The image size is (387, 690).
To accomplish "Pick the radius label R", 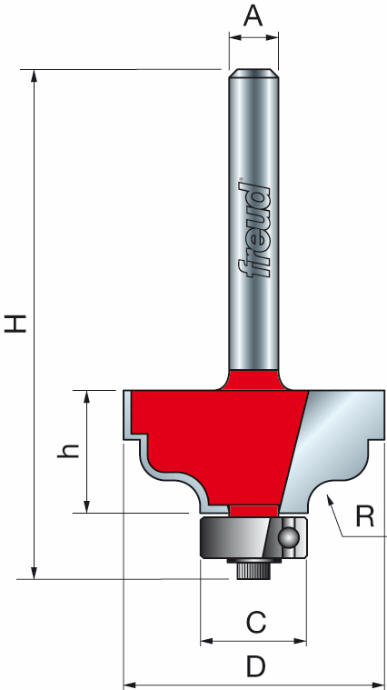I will [x=364, y=517].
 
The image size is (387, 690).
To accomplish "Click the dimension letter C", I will [x=255, y=623].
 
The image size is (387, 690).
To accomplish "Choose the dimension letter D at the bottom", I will [x=255, y=667].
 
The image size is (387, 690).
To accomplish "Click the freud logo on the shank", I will [x=254, y=227].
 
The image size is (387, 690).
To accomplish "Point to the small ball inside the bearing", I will [x=289, y=535].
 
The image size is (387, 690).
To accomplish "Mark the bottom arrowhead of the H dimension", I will [x=35, y=572].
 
